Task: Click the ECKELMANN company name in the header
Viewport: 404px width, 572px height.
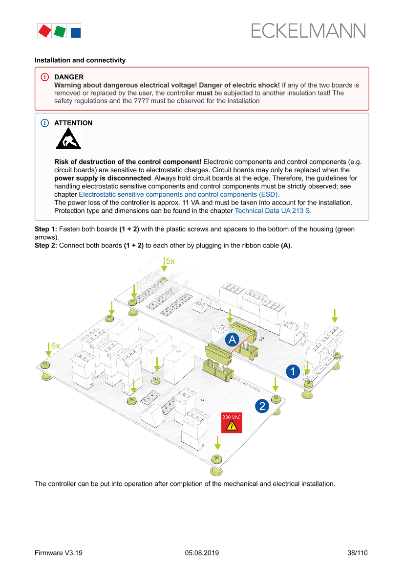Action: coord(308,31)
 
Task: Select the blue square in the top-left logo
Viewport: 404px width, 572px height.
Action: coord(76,33)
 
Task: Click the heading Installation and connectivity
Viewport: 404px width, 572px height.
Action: coord(80,60)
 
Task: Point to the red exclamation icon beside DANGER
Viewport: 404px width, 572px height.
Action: coord(45,77)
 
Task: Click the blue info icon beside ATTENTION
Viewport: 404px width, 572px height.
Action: coord(45,123)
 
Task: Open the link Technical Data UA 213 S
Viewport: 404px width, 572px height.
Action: coord(273,211)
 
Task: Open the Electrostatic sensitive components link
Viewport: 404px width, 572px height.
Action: coord(178,194)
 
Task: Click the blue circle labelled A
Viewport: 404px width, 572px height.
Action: coord(232,340)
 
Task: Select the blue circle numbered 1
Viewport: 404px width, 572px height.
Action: coord(293,371)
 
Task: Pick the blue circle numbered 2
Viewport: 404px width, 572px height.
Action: coord(262,406)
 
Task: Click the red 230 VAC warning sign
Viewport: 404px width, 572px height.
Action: coord(232,422)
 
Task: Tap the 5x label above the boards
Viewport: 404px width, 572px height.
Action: coord(170,261)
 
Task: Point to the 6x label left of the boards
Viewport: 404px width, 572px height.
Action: coord(55,345)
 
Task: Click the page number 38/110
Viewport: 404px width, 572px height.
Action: coord(357,553)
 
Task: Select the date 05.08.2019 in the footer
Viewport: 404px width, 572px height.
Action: coord(202,553)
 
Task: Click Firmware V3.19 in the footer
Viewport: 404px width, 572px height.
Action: coord(59,553)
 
